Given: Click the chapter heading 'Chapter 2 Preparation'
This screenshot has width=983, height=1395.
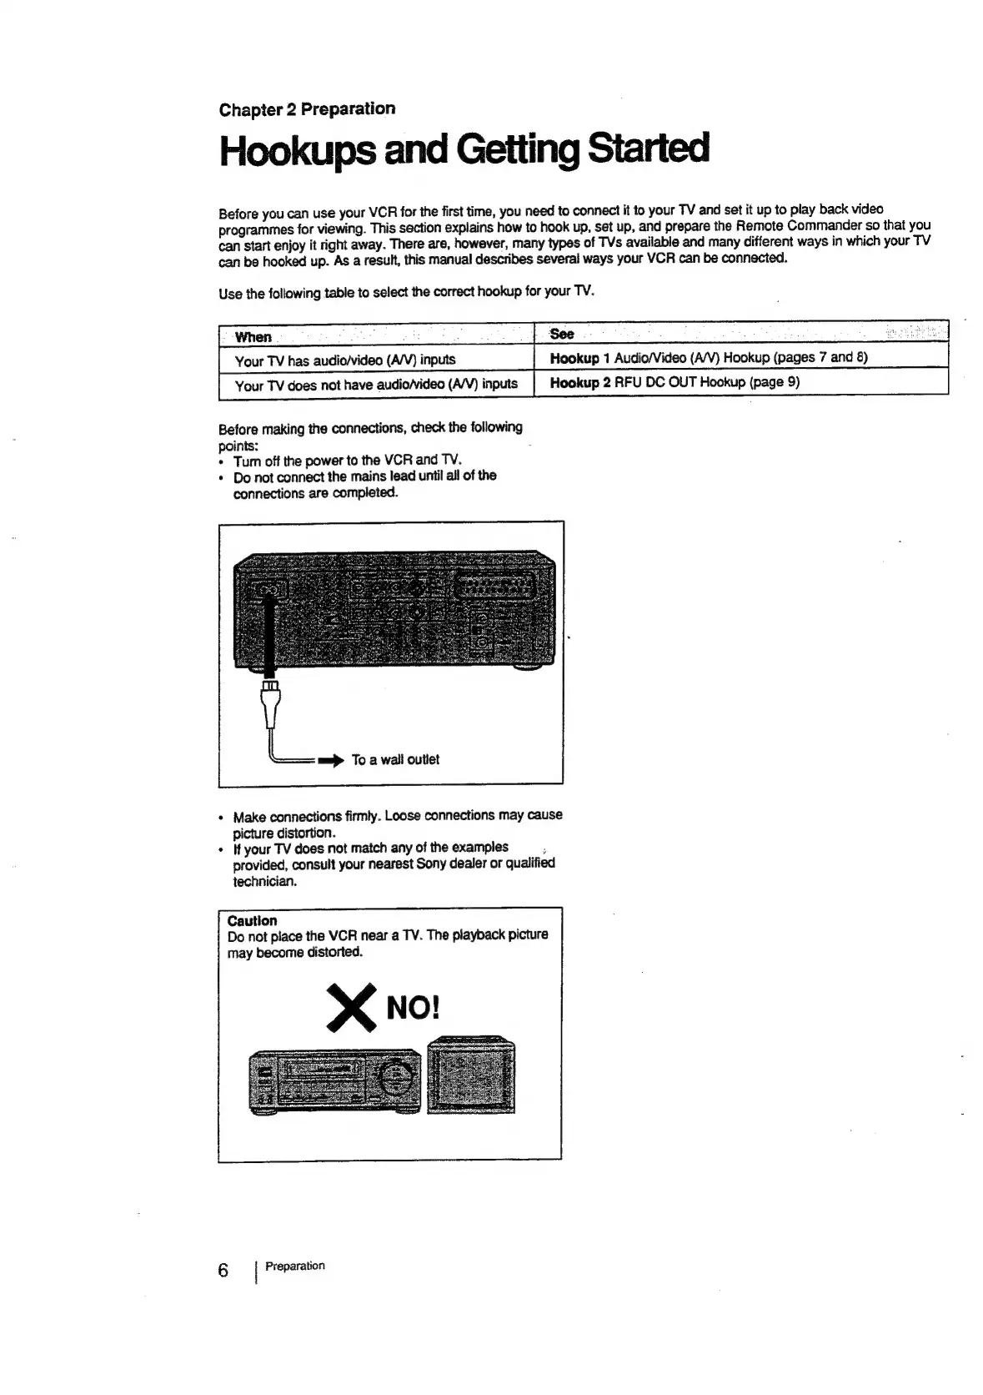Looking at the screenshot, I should tap(307, 109).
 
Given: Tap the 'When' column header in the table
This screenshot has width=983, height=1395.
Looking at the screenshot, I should tap(253, 337).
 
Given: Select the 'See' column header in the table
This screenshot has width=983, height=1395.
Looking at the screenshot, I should tap(562, 334).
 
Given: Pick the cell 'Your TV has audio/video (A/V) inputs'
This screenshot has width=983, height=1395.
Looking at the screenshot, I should tap(344, 360).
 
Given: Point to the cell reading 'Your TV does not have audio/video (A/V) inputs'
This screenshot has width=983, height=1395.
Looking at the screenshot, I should tap(375, 385).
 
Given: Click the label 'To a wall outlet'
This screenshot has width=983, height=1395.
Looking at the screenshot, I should tap(395, 759).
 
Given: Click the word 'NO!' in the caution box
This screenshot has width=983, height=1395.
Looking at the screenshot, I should tap(412, 1008).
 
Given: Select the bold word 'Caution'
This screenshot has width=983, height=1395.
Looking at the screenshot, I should tap(252, 920).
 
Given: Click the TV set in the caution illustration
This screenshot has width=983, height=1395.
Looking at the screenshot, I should tap(471, 1075).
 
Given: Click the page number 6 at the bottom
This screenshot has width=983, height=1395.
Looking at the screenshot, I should tap(223, 1270).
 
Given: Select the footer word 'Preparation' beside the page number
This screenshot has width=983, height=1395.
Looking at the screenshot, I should tap(294, 1266).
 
